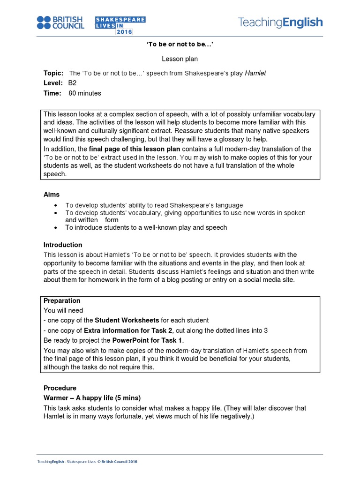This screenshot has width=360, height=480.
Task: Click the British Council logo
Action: pyautogui.click(x=60, y=22)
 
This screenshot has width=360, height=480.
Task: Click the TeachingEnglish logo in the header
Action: pyautogui.click(x=280, y=22)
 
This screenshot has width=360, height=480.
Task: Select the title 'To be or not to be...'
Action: pyautogui.click(x=180, y=45)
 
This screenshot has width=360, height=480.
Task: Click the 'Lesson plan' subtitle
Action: pyautogui.click(x=180, y=59)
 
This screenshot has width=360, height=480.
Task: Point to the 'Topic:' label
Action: pyautogui.click(x=53, y=73)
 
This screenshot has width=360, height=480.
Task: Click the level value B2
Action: pyautogui.click(x=72, y=83)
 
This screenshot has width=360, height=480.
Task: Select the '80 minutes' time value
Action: pyautogui.click(x=85, y=93)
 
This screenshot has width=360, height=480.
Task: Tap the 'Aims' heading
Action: pyautogui.click(x=52, y=194)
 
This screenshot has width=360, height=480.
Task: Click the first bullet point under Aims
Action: pyautogui.click(x=57, y=205)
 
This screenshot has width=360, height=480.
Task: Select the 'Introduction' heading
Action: pyautogui.click(x=63, y=245)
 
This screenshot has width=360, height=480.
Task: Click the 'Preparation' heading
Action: pyautogui.click(x=62, y=300)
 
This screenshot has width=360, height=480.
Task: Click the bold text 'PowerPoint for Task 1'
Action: pyautogui.click(x=150, y=340)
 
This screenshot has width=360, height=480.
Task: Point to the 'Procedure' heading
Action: pyautogui.click(x=60, y=388)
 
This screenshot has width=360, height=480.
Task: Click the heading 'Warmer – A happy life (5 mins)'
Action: pyautogui.click(x=92, y=398)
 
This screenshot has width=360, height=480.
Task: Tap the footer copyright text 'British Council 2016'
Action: pyautogui.click(x=119, y=462)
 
